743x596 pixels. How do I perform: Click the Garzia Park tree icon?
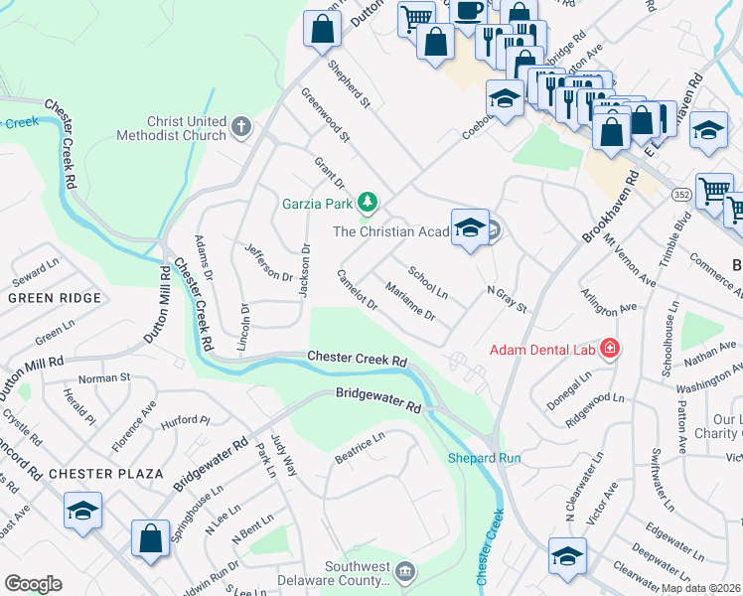click(x=369, y=204)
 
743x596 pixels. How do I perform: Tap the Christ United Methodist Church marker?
click(x=241, y=127)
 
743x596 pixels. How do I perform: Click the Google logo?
click(x=33, y=584)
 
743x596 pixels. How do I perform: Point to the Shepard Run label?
click(x=484, y=458)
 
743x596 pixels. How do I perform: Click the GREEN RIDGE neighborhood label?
click(x=54, y=298)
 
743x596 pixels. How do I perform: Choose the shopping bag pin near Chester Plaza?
click(x=149, y=538)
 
